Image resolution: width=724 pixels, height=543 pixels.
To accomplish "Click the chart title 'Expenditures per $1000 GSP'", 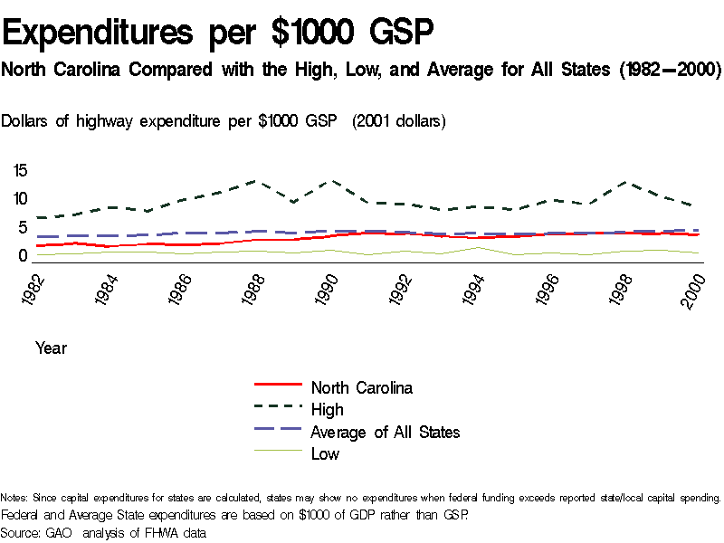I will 218,33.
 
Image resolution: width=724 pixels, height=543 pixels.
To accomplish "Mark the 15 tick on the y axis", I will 21,170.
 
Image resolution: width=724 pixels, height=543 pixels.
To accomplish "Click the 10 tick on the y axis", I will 21,199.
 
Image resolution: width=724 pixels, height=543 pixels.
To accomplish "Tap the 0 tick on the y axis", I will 24,256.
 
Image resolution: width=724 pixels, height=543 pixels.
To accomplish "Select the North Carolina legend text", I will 361,388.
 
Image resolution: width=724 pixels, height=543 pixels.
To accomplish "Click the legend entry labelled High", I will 327,410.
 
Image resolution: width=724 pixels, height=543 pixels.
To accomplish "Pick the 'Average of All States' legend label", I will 385,433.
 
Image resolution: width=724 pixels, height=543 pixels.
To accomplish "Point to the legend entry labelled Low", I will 325,454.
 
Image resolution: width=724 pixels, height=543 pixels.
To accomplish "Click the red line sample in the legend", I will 277,387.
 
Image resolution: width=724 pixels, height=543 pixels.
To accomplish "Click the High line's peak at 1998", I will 622,182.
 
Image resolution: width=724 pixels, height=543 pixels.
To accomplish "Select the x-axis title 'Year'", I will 51,348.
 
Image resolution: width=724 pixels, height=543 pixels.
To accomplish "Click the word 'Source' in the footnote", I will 22,533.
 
